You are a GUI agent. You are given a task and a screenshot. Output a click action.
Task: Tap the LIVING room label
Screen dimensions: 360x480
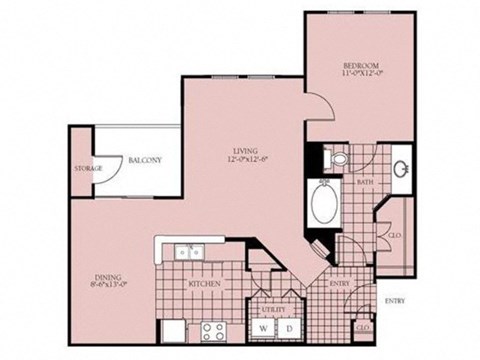pos(245,155)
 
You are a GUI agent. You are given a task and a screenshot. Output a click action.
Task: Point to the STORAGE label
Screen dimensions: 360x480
pos(88,168)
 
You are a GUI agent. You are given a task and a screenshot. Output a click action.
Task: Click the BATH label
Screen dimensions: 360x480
pos(364,182)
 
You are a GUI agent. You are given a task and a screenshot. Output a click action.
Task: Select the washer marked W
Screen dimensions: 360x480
pos(263,328)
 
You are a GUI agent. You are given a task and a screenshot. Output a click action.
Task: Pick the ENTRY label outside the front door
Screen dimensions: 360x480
pos(395,298)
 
